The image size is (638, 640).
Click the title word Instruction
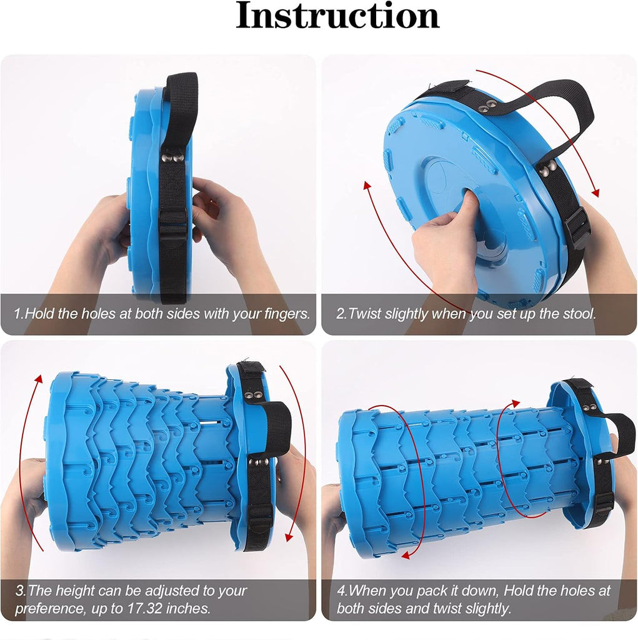pyautogui.click(x=337, y=16)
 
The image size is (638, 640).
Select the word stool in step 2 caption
pyautogui.click(x=579, y=314)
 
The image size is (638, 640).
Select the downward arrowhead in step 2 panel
pyautogui.click(x=596, y=192)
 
